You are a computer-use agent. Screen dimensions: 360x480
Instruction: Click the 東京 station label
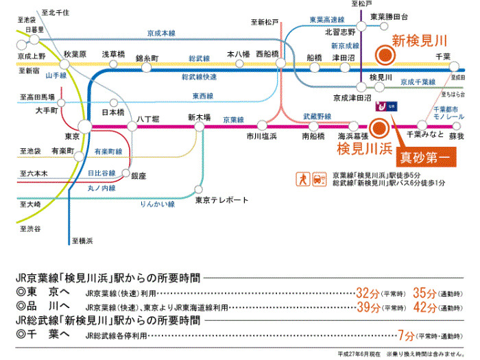72,135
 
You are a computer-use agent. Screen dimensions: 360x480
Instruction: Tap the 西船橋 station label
267,53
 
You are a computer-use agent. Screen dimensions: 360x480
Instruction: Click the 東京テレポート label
221,200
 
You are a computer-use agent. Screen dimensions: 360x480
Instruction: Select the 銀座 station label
139,176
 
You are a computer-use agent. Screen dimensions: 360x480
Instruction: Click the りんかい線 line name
157,204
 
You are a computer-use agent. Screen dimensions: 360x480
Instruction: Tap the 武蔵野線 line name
316,117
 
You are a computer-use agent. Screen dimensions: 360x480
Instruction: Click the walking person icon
302,180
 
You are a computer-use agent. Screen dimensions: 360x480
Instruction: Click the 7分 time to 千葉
405,335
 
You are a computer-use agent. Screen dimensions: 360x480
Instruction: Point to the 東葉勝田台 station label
389,16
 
